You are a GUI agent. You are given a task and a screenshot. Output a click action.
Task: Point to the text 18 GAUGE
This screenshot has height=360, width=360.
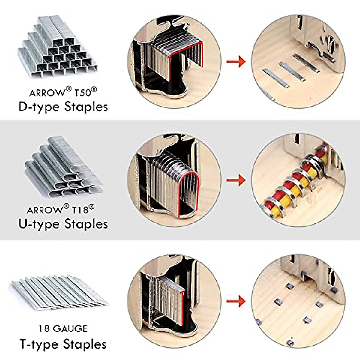click(x=63, y=329)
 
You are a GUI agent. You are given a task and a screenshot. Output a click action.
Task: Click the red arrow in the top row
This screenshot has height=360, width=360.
click(x=236, y=62)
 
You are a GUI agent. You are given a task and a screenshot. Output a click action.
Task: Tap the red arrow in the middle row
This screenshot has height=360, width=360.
click(x=236, y=180)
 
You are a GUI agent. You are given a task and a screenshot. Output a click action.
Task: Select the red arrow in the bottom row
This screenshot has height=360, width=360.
click(x=236, y=301)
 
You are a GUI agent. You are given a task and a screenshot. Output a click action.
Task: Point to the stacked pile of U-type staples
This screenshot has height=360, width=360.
click(x=63, y=168)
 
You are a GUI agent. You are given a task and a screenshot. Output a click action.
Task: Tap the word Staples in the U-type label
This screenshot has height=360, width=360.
click(x=86, y=224)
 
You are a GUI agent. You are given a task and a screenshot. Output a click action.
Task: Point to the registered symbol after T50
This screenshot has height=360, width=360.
click(x=94, y=89)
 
